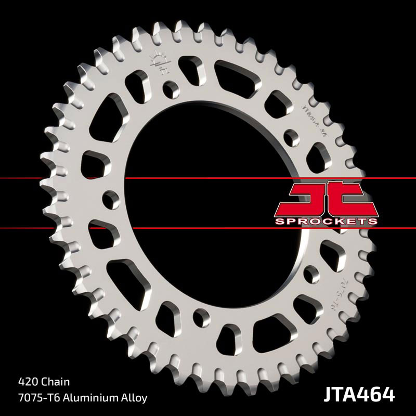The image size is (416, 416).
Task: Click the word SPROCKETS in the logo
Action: (326, 221)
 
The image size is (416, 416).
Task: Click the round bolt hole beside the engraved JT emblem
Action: (170, 89)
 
